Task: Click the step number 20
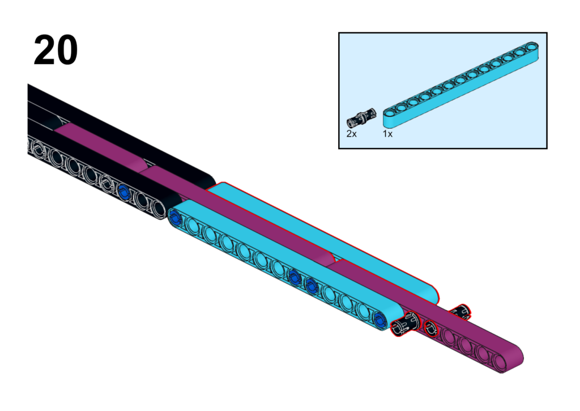point(56,50)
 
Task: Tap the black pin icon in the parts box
point(361,117)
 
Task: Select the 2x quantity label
point(351,134)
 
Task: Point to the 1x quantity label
point(387,134)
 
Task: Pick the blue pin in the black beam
point(123,192)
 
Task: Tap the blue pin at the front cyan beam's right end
point(379,319)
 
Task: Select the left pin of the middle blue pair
point(294,277)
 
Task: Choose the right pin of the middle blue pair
point(311,286)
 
